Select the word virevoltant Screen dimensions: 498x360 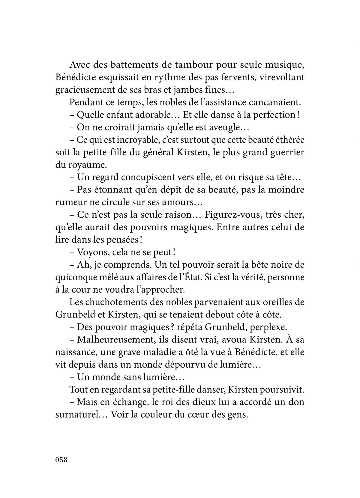tap(282, 77)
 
